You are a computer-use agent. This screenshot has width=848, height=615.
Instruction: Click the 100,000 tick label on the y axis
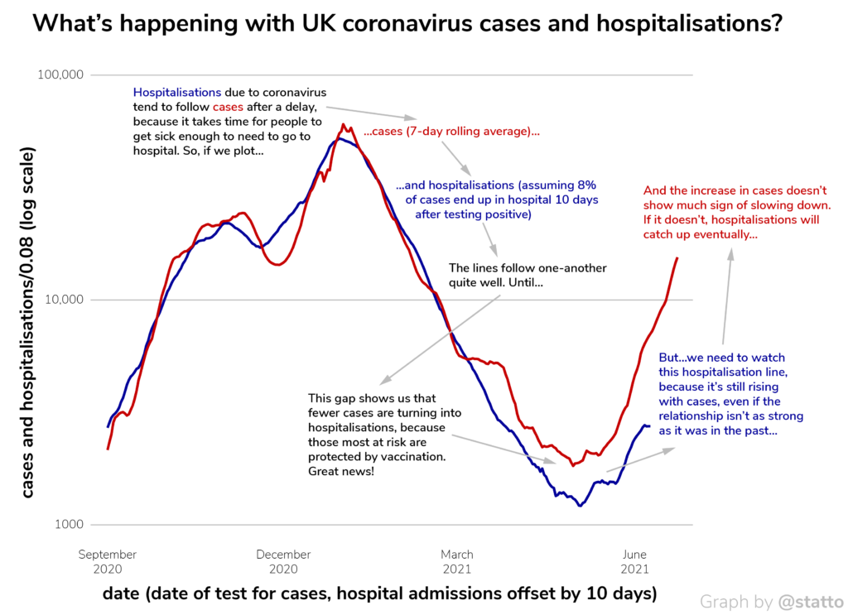[62, 75]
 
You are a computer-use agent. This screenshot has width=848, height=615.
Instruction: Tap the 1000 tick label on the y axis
[67, 524]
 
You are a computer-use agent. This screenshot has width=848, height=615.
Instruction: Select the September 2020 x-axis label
[108, 561]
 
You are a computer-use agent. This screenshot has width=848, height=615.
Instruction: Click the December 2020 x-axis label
[283, 561]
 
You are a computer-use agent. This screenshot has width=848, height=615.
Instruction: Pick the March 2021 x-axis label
[457, 561]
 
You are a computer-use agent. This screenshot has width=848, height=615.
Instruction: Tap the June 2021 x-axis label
[634, 561]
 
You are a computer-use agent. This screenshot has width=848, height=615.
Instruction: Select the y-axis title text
[28, 324]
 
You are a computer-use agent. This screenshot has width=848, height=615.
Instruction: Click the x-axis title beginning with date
[379, 593]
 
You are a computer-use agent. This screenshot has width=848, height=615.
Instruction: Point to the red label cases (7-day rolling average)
[452, 132]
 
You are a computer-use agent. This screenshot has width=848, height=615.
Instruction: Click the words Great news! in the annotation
[340, 471]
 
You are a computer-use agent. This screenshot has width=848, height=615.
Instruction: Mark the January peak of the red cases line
[343, 125]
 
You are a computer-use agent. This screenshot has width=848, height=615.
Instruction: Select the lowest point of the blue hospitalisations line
[580, 505]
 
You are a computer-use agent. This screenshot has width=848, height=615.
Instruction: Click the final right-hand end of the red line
[677, 258]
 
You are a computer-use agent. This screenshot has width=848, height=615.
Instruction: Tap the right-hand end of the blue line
[649, 426]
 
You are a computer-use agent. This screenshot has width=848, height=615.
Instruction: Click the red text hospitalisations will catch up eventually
[731, 227]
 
